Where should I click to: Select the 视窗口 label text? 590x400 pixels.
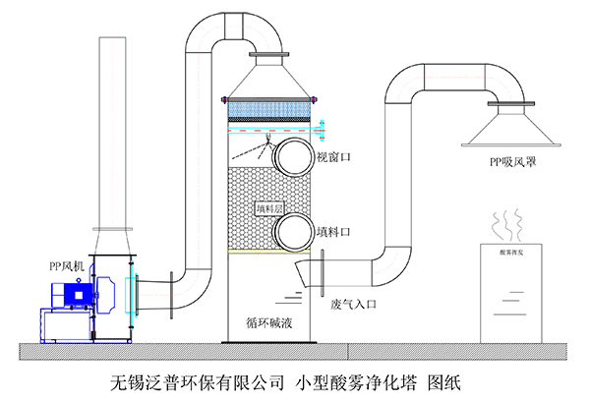tap(333, 156)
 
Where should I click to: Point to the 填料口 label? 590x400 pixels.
tap(333, 232)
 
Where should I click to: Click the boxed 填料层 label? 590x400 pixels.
tap(268, 208)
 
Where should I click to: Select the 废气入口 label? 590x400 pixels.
tap(355, 304)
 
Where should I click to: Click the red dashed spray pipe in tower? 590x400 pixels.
tap(270, 129)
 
